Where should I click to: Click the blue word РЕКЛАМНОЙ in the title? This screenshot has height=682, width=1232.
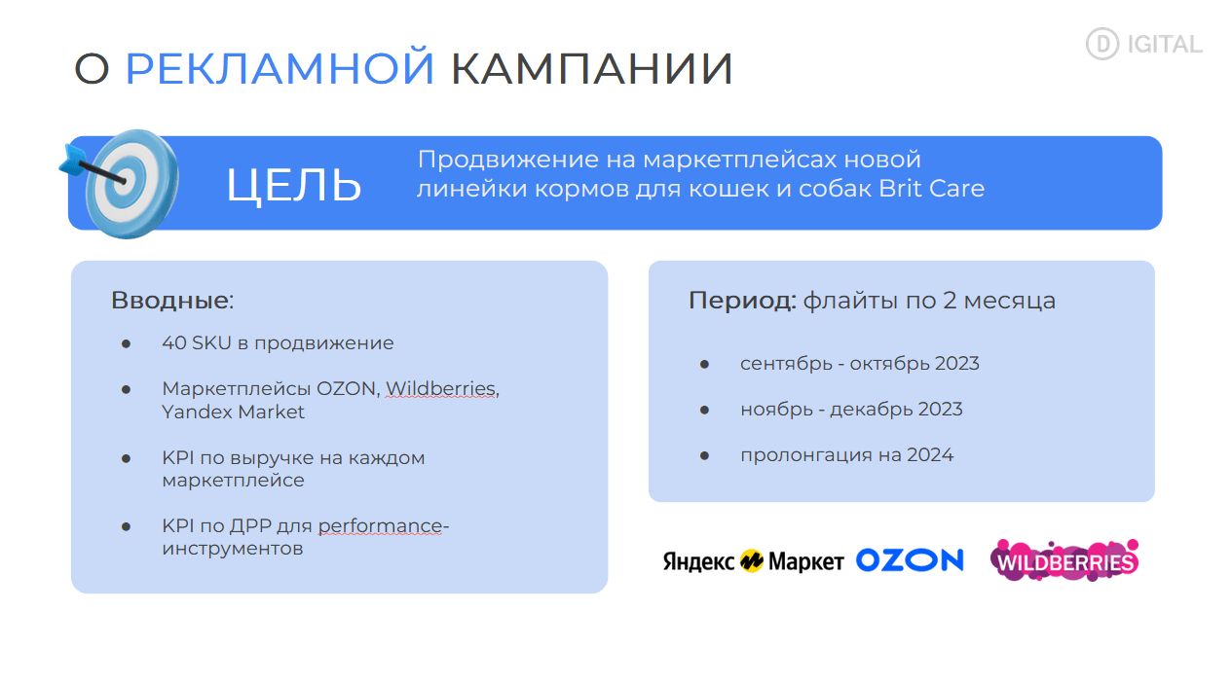click(280, 68)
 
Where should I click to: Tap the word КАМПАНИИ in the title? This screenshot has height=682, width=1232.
click(592, 69)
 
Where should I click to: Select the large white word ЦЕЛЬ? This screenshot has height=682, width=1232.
click(294, 185)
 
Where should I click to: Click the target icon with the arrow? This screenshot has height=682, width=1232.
click(121, 184)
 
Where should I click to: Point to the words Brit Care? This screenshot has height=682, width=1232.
click(931, 189)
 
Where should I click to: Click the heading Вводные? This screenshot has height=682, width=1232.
click(172, 300)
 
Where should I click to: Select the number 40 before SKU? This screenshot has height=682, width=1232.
click(174, 342)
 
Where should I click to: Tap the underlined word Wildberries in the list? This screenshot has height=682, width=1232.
click(440, 389)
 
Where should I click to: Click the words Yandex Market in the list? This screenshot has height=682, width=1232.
click(233, 412)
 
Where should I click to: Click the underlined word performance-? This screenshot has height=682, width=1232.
click(384, 526)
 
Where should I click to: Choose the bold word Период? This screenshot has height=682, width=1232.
click(742, 301)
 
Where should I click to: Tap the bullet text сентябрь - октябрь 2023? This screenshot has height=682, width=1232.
click(860, 363)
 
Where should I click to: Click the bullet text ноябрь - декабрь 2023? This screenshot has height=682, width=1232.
click(851, 410)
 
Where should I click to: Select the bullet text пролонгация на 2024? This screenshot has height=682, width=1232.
click(847, 455)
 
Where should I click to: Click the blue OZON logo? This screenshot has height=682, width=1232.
click(910, 560)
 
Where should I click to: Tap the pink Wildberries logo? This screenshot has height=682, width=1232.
click(1064, 560)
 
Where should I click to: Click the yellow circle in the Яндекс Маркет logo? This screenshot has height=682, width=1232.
click(751, 561)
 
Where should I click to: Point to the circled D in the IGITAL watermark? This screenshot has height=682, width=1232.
click(1102, 44)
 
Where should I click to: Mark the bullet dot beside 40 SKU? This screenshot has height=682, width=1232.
click(126, 344)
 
